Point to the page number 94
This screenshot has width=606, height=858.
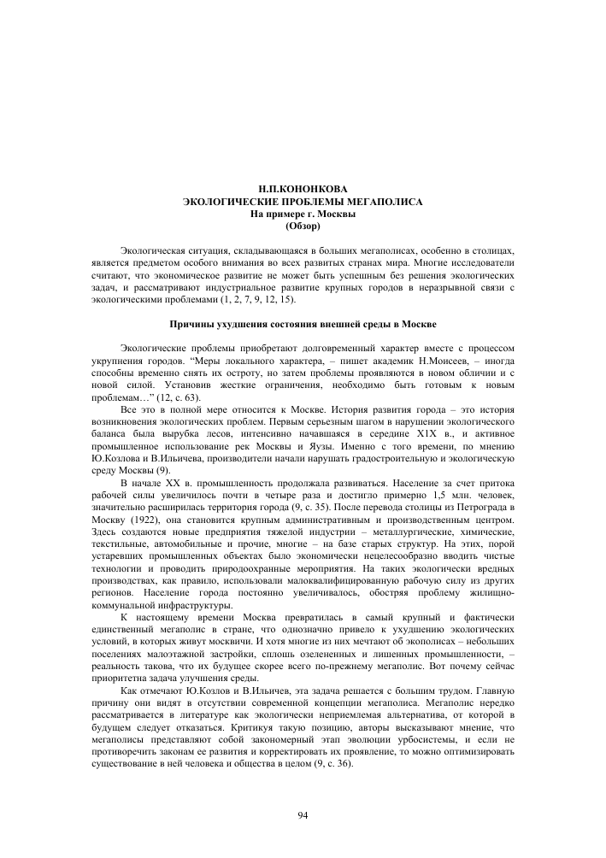[303, 815]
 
